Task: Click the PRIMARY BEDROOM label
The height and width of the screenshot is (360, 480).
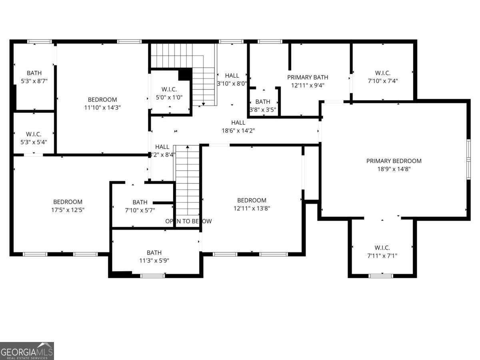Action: (394, 161)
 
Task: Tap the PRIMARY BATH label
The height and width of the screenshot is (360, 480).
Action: (308, 77)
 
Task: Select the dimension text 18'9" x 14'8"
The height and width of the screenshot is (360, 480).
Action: (394, 169)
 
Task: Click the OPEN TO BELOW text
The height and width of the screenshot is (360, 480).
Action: (188, 221)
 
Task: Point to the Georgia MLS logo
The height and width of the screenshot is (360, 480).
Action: (27, 351)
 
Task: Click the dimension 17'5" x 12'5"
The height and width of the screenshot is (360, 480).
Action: (68, 210)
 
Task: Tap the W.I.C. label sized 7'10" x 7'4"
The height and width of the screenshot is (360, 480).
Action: (382, 73)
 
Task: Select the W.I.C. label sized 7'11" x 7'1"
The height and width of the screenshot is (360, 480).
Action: (382, 248)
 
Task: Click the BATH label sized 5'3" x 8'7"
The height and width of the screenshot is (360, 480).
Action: (34, 73)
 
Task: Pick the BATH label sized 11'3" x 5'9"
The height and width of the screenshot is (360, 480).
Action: (154, 252)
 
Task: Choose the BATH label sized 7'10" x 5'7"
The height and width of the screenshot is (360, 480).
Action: (140, 202)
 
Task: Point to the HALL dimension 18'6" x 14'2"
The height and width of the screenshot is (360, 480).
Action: (238, 130)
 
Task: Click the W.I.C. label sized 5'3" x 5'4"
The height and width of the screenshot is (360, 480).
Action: (34, 134)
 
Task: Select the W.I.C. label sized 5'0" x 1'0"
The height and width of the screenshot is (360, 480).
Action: (169, 89)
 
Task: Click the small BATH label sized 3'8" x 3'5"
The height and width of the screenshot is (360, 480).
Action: (263, 102)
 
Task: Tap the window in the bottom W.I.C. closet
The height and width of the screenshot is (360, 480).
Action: (380, 275)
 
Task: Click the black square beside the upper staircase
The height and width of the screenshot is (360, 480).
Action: (185, 74)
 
